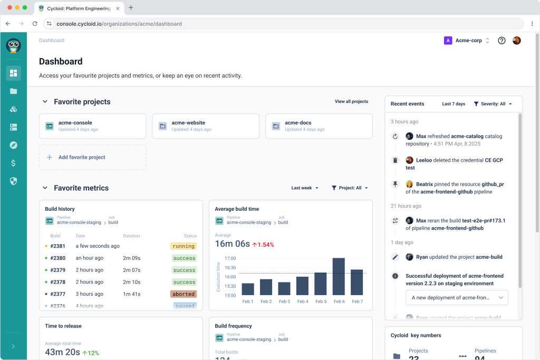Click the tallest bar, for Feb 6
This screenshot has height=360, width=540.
[339, 276]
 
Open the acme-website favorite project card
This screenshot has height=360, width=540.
[206, 126]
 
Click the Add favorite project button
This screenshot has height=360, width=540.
[92, 157]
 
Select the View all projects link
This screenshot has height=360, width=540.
[351, 101]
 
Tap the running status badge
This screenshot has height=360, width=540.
[183, 246]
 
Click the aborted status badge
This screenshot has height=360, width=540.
[183, 294]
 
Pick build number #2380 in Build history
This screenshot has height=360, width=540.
[57, 258]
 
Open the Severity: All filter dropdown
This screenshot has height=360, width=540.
[493, 104]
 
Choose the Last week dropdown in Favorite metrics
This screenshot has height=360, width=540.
[305, 188]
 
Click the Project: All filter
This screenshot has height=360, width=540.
[350, 188]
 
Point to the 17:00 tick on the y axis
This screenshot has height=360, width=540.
[230, 258]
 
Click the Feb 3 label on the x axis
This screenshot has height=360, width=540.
[284, 301]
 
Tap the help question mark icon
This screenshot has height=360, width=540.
[502, 41]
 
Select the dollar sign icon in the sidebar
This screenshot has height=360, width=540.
[14, 163]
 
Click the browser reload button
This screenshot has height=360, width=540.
[35, 24]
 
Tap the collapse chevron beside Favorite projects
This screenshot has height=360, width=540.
[45, 102]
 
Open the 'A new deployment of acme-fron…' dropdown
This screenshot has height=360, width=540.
[457, 297]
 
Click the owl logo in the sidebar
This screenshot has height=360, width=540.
[14, 46]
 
